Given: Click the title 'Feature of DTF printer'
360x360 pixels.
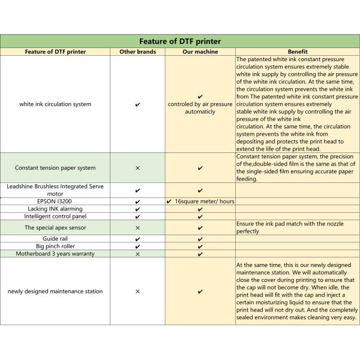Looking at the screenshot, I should point(180,41).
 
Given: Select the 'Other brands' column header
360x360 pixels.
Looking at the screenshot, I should point(137,52).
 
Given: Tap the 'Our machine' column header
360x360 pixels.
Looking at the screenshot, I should point(200,52).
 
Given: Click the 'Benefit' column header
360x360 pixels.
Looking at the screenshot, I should point(298,52).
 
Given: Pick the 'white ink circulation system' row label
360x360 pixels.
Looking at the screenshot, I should point(55,104).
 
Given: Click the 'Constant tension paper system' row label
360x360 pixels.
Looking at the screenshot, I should point(55,168).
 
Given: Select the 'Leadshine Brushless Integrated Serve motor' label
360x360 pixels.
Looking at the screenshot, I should point(55,190).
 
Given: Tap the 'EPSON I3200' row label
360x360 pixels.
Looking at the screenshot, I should point(55,201).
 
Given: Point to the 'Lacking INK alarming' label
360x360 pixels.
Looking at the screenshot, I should point(55,209).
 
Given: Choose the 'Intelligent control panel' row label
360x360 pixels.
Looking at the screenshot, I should point(55,216).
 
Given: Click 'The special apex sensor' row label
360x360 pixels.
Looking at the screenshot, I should point(55,228).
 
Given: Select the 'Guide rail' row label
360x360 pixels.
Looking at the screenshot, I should point(55,239).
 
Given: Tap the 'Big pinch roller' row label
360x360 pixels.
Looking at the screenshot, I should point(55,246).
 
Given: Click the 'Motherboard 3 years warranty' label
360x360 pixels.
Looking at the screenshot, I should point(55,254).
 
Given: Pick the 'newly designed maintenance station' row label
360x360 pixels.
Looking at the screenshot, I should point(55,291).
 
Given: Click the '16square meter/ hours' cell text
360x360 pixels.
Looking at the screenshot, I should point(205,201).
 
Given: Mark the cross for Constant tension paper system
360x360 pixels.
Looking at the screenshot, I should point(137,168).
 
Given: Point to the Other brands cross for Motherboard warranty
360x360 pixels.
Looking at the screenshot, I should point(137,254).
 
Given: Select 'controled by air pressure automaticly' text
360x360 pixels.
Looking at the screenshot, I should point(200,108).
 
